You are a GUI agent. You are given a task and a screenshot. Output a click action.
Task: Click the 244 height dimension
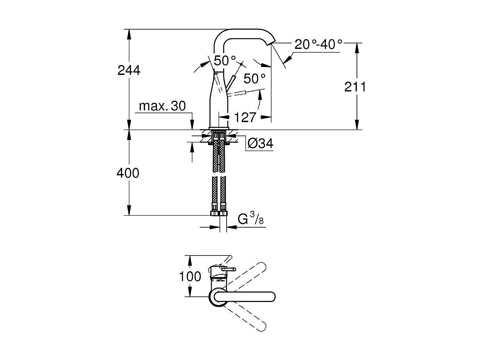129,70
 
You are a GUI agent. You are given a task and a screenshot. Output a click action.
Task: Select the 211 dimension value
355,87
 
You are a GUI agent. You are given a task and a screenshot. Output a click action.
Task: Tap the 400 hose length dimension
128,173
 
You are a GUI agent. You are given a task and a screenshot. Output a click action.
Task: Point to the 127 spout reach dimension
245,118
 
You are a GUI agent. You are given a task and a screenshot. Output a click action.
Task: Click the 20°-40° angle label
318,45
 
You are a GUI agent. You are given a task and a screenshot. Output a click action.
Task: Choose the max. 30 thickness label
162,106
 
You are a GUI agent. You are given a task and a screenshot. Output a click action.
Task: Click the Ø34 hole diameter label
260,143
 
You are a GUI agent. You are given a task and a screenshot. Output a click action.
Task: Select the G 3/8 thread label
251,219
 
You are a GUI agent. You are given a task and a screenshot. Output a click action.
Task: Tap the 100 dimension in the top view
190,276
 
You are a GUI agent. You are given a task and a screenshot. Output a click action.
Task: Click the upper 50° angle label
225,61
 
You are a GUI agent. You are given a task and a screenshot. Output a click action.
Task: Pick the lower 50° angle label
255,79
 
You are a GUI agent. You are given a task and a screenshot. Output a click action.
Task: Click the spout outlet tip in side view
272,43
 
